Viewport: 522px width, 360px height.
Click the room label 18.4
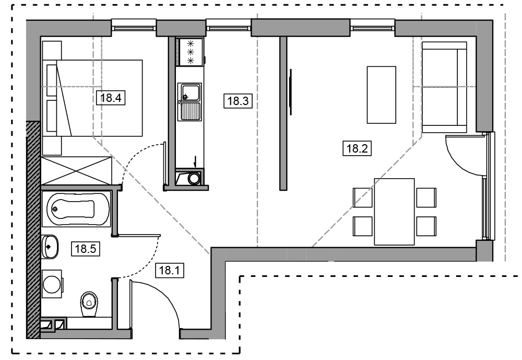coord(111,98)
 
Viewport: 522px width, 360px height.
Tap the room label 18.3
coord(238,101)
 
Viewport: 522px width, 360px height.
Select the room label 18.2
coord(357,148)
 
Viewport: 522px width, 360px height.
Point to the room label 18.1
coord(170,270)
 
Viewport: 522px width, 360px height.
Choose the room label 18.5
coord(86,248)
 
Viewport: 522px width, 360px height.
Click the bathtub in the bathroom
coord(76,209)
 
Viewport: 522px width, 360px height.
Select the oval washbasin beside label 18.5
coord(50,246)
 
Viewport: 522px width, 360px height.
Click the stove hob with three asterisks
coord(191,52)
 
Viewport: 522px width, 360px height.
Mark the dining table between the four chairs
coord(394,212)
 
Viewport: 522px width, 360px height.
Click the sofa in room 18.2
coord(444,87)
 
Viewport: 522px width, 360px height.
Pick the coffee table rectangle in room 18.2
coord(381,95)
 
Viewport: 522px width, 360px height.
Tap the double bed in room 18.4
coord(94,98)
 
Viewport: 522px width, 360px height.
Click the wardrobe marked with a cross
coord(76,170)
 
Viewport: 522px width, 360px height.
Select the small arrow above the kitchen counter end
coord(195,162)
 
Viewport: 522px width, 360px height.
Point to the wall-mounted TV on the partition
coord(291,92)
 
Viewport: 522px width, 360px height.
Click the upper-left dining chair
coord(363,198)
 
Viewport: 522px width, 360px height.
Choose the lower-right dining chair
coord(426,226)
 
